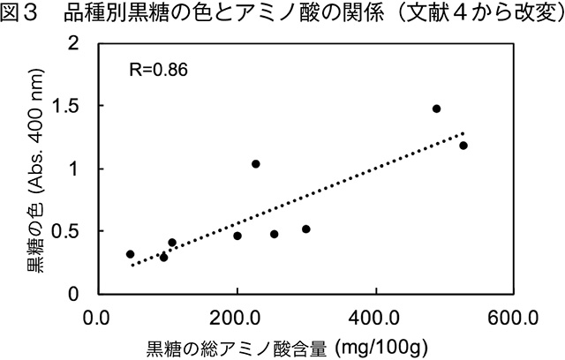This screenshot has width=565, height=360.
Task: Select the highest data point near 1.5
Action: pos(436,109)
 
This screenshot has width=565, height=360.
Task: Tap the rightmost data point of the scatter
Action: pos(463,146)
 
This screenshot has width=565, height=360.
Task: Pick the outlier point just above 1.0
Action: pos(255,164)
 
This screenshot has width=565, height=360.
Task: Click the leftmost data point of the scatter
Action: pos(131,254)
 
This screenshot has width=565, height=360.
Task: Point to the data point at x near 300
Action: pos(305,229)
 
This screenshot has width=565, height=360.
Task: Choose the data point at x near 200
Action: pos(237,236)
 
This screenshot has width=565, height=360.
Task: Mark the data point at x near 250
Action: pos(274,234)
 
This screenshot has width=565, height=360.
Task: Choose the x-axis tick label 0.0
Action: pos(97,316)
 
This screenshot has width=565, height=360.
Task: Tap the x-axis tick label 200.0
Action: pos(237,316)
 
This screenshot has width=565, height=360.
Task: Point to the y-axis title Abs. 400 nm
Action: pos(41,168)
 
